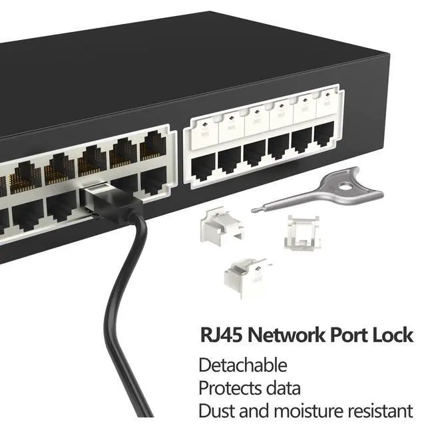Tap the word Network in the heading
[286, 333]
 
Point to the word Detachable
[243, 365]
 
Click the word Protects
[230, 387]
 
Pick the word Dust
[215, 410]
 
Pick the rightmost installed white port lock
[325, 107]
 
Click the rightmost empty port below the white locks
[323, 134]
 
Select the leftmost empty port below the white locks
[203, 166]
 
